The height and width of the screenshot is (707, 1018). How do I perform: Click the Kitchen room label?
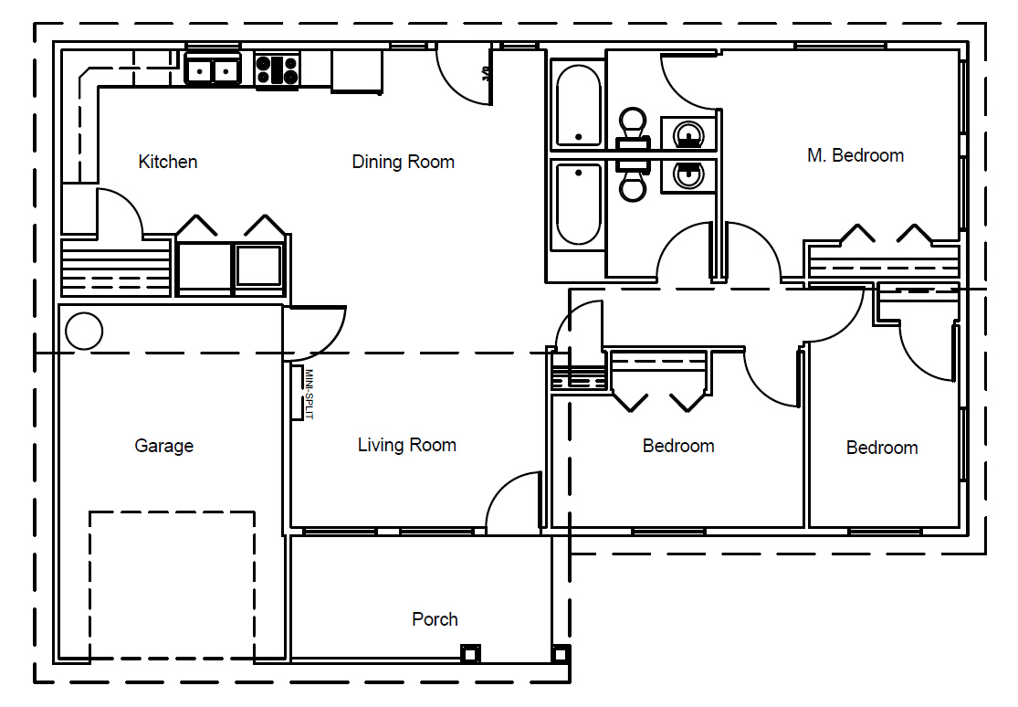pyautogui.click(x=167, y=162)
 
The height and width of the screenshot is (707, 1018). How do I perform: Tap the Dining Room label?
pyautogui.click(x=404, y=162)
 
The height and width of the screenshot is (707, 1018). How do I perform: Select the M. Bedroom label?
pyautogui.click(x=855, y=155)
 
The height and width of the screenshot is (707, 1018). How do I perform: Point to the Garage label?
pyautogui.click(x=164, y=446)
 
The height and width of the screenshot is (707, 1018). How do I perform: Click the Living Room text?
pyautogui.click(x=407, y=445)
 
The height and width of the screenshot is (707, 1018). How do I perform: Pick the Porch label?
pyautogui.click(x=435, y=619)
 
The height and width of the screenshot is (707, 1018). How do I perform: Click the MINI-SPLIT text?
pyautogui.click(x=309, y=394)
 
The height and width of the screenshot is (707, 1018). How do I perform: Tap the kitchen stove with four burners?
pyautogui.click(x=278, y=70)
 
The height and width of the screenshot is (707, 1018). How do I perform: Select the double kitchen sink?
pyautogui.click(x=213, y=69)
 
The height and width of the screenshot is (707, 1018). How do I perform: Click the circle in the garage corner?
pyautogui.click(x=84, y=332)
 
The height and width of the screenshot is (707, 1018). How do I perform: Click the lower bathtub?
pyautogui.click(x=579, y=205)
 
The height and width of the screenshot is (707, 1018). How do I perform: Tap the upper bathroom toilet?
pyautogui.click(x=633, y=129)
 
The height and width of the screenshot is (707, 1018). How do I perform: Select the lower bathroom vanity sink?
pyautogui.click(x=688, y=174)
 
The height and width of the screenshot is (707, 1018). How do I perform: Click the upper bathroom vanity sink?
pyautogui.click(x=688, y=135)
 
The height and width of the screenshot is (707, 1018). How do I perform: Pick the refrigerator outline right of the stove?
pyautogui.click(x=356, y=71)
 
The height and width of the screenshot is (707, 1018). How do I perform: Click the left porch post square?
pyautogui.click(x=470, y=653)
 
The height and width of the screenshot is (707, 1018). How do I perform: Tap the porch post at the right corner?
pyautogui.click(x=561, y=653)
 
